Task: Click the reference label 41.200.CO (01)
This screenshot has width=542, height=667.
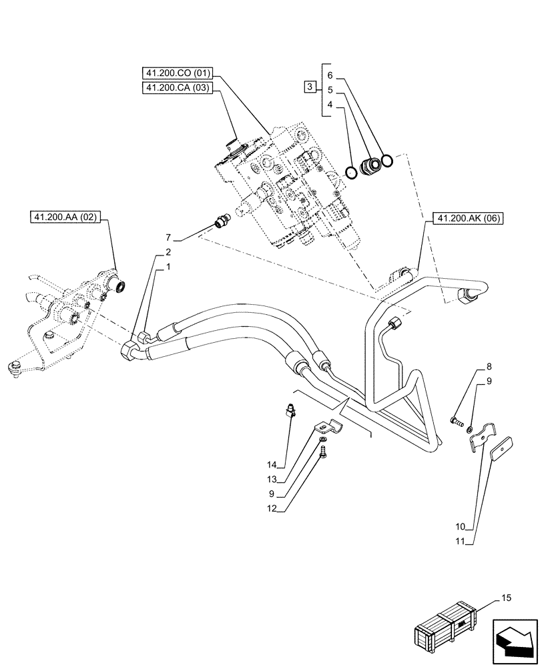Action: click(x=177, y=73)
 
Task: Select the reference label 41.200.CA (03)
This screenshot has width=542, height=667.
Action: click(x=177, y=88)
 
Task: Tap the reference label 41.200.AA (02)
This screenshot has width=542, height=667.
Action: click(x=65, y=217)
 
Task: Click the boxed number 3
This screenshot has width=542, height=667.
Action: click(x=309, y=87)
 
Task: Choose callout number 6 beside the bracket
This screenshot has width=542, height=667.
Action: click(x=330, y=75)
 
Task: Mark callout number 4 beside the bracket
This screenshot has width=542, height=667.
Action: click(x=330, y=104)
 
